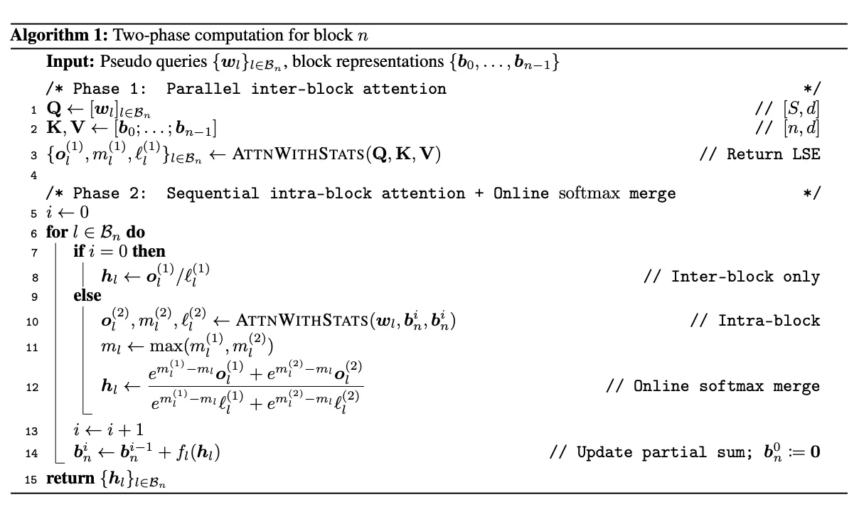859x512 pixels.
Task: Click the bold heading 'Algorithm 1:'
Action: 60,36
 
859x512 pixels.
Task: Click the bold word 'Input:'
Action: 70,61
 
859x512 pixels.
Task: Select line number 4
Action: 34,176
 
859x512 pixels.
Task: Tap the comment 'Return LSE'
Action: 773,154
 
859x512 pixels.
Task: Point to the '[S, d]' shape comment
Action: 801,109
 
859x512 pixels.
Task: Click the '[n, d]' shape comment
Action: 801,128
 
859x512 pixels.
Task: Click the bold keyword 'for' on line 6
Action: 57,232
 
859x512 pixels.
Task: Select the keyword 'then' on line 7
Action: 149,251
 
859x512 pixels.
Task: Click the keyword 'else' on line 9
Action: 87,295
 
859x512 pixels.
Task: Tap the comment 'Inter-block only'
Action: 745,277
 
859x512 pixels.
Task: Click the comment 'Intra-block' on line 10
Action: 769,321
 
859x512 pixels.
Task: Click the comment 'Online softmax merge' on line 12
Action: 727,386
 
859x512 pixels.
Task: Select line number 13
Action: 32,432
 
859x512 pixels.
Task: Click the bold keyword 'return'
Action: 70,479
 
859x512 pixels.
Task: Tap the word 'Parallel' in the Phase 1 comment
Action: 203,89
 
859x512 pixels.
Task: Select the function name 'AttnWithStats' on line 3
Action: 298,154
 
